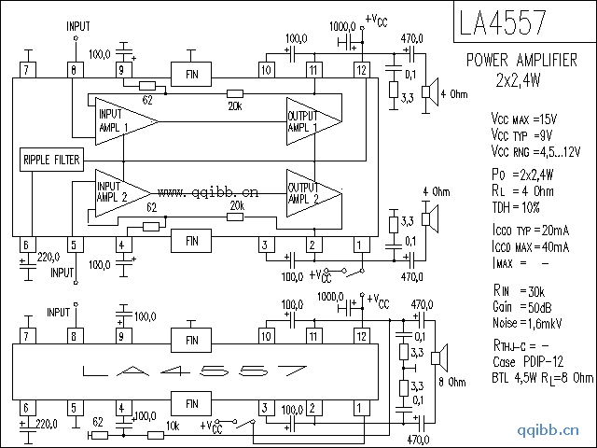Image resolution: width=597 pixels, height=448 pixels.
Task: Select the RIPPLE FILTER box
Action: (x=51, y=160)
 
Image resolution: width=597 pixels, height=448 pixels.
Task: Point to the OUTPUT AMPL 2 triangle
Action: (x=308, y=192)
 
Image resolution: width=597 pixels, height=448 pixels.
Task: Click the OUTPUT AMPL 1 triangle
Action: (x=308, y=120)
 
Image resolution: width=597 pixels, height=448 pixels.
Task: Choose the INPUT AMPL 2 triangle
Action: (x=117, y=190)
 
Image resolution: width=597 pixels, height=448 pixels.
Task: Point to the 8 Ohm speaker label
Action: (x=452, y=383)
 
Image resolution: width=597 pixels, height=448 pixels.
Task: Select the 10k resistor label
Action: (x=173, y=426)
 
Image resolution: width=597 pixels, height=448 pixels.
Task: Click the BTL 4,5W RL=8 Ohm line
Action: (x=541, y=377)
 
